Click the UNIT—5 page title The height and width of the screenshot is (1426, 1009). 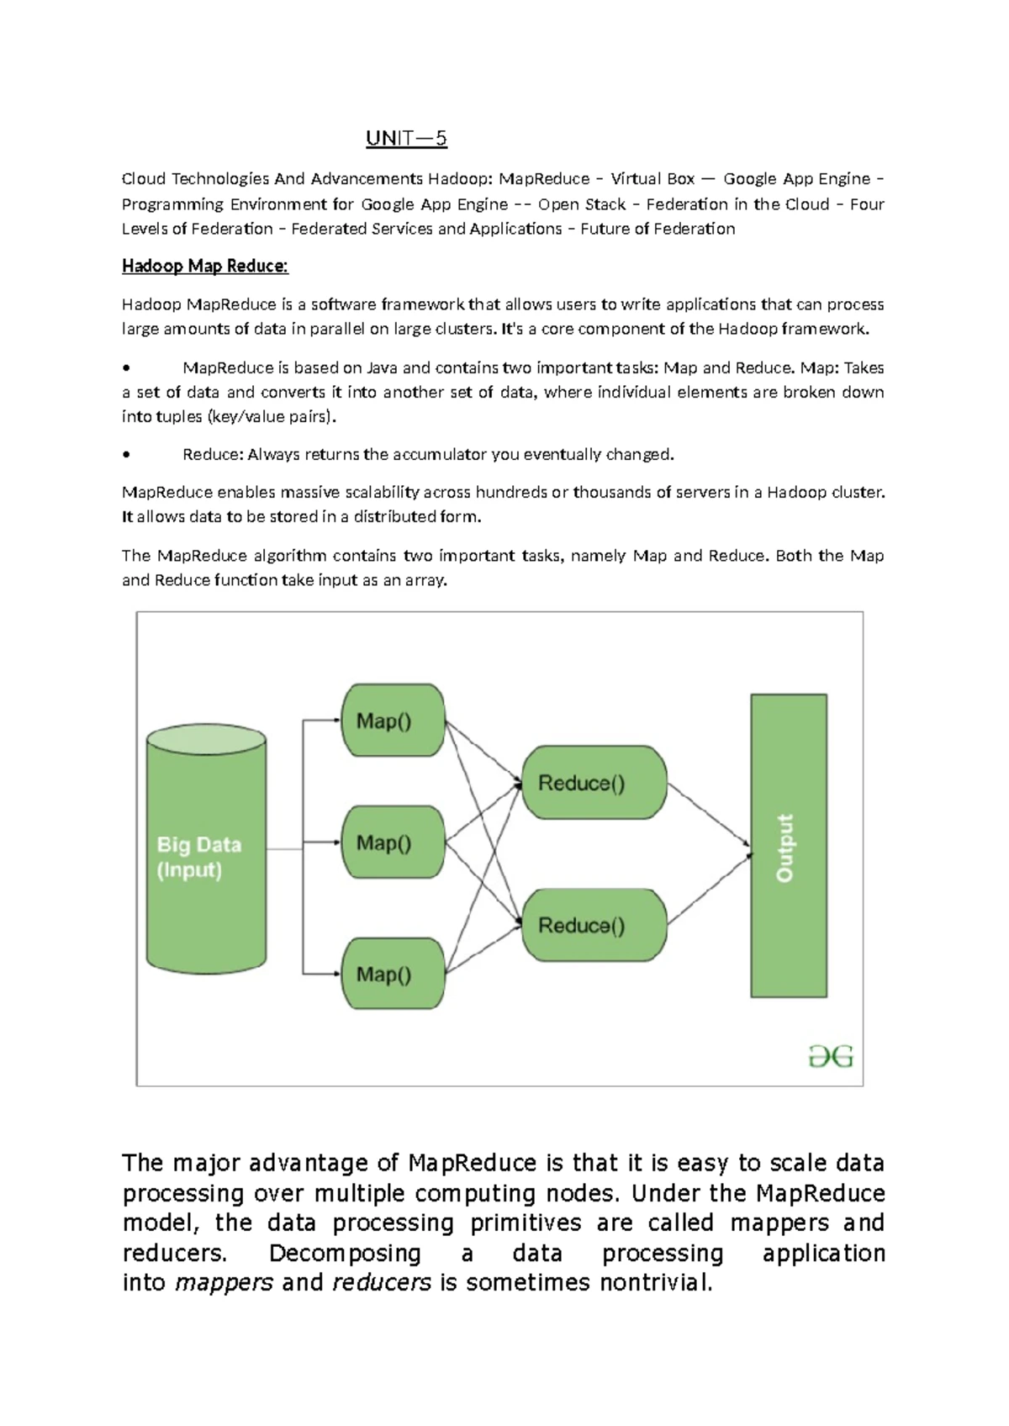(406, 138)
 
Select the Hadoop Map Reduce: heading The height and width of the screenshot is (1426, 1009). (205, 267)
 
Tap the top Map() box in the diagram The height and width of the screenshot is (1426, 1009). (393, 721)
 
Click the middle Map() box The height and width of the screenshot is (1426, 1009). (393, 842)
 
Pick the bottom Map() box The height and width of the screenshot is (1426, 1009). (393, 974)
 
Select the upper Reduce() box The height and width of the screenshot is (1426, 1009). (594, 783)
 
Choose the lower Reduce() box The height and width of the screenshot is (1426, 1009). (594, 925)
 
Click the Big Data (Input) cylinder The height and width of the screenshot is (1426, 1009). (206, 851)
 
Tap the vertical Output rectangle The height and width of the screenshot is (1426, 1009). (788, 846)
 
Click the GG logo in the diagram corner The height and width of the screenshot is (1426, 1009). (831, 1056)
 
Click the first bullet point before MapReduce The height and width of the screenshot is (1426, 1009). (126, 368)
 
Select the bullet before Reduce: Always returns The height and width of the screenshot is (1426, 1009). (126, 455)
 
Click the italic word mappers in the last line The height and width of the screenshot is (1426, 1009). (225, 1283)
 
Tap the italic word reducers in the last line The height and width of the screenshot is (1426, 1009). (382, 1283)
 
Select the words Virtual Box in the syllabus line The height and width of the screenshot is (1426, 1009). (652, 179)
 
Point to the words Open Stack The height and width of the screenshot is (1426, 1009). (582, 204)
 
